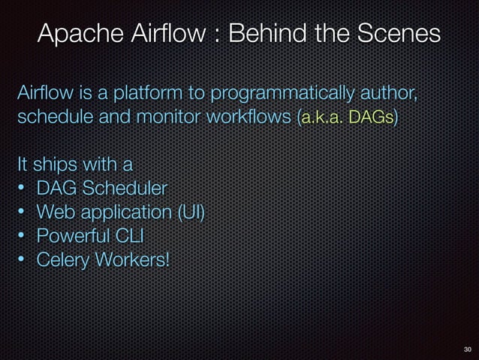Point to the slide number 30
pyautogui.click(x=467, y=349)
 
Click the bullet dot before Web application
pyautogui.click(x=23, y=211)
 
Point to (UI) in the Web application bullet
pyautogui.click(x=191, y=211)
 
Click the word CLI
pyautogui.click(x=129, y=235)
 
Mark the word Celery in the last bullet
pyautogui.click(x=63, y=259)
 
